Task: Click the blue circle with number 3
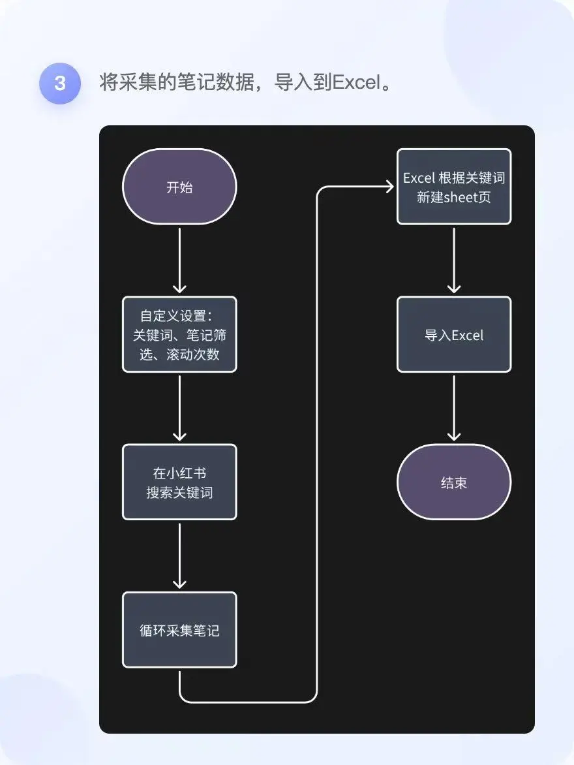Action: pos(60,84)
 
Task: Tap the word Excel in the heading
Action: pos(355,84)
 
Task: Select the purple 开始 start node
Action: pos(179,187)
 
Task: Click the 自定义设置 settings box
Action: pos(179,335)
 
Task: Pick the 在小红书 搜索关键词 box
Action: pos(179,482)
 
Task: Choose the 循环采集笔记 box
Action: pos(179,630)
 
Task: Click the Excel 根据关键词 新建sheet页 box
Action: pos(454,187)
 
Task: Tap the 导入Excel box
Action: pos(454,335)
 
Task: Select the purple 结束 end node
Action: pos(454,482)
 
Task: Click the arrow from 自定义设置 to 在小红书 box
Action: pos(179,408)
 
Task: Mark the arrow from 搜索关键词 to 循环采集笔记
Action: pos(179,555)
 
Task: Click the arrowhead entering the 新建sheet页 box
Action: pos(389,187)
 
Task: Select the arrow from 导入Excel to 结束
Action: pos(454,408)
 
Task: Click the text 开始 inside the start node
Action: pos(179,187)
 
